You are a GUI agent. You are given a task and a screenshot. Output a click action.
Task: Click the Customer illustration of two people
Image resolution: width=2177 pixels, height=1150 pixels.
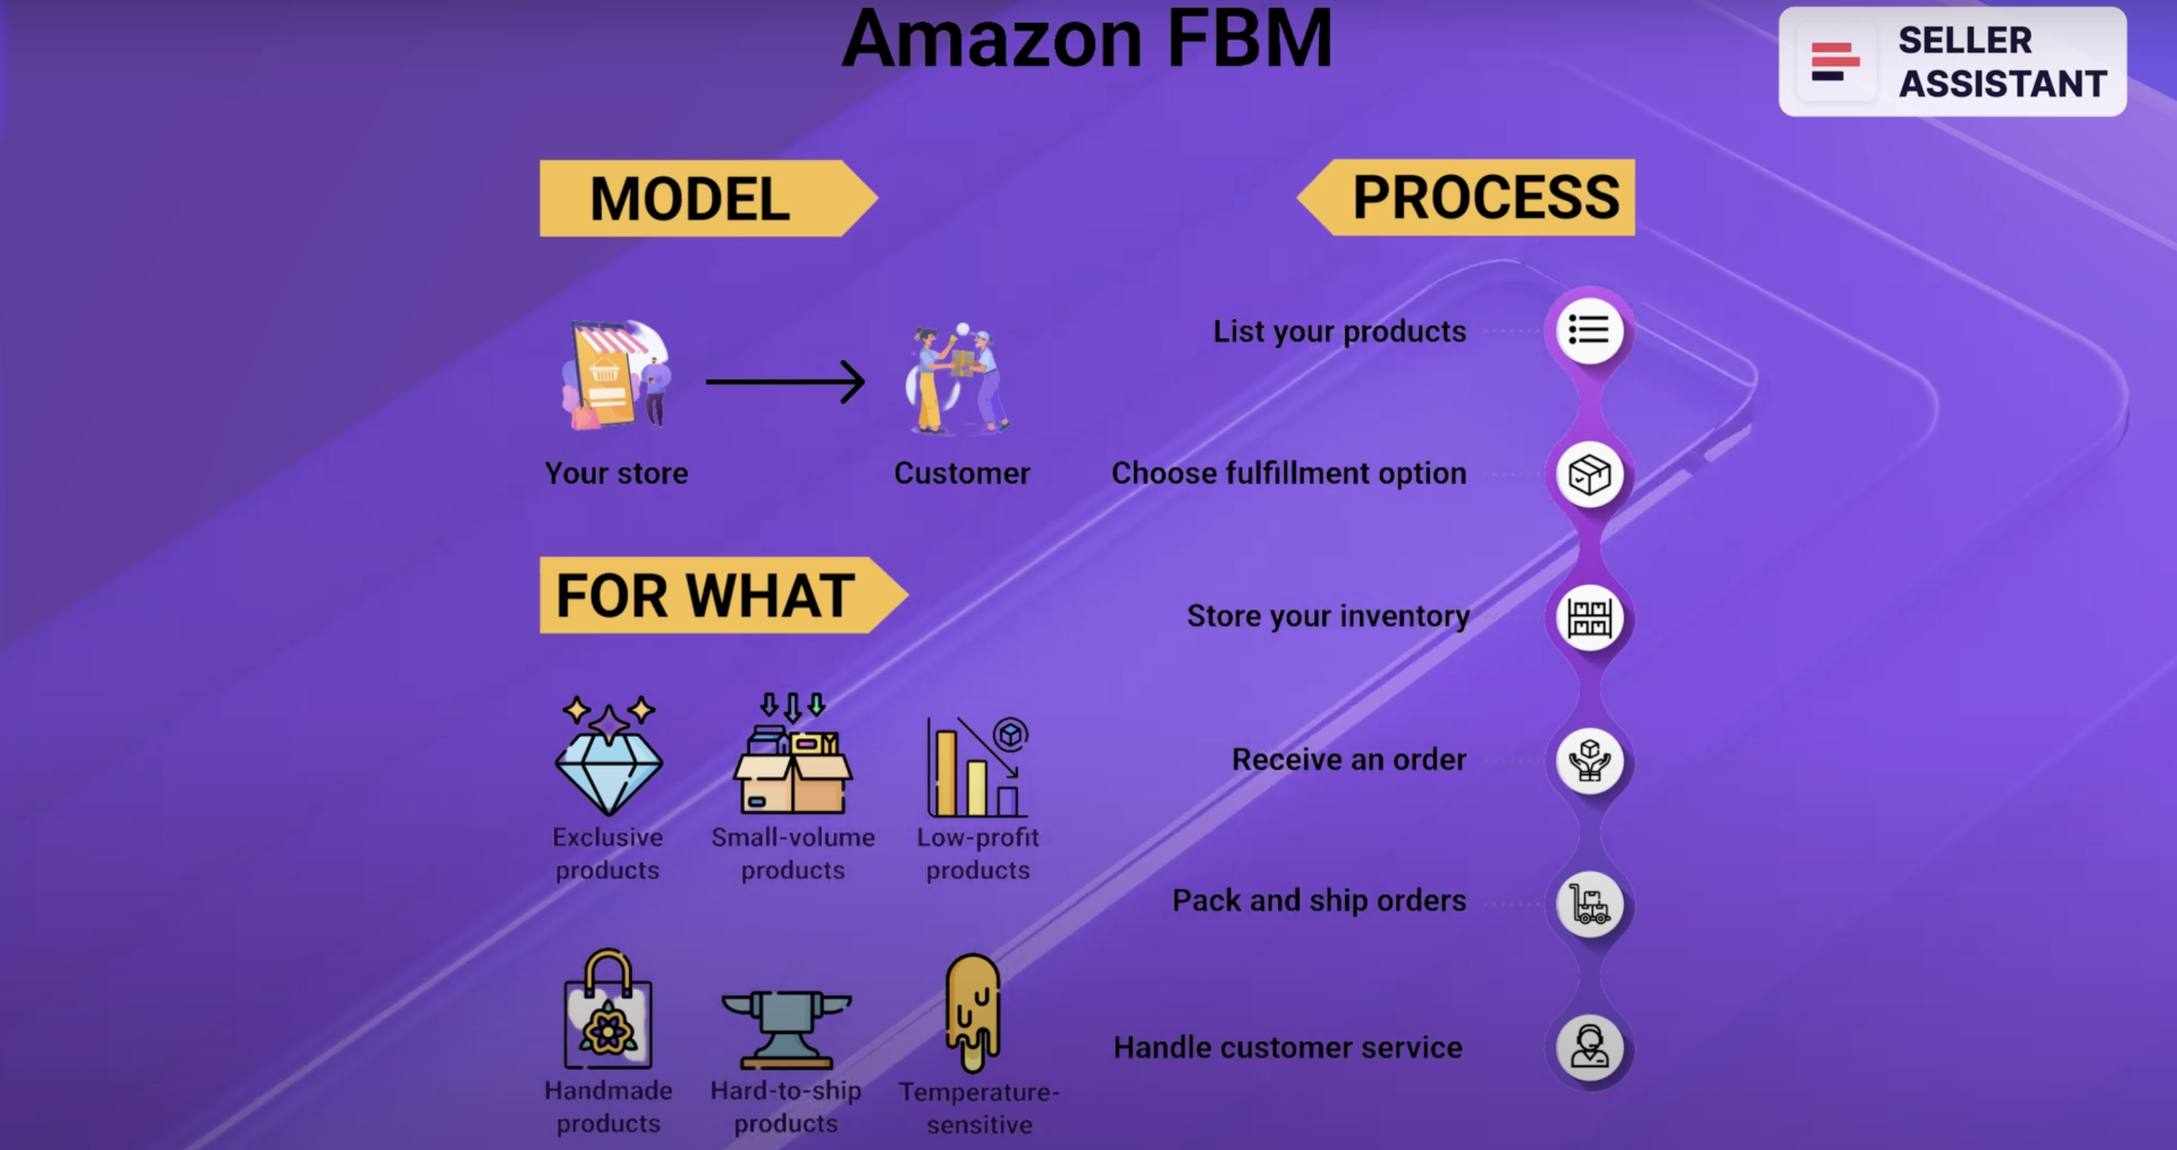coord(959,380)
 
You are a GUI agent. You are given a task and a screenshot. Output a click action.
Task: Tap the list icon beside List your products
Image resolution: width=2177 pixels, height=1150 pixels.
coord(1589,331)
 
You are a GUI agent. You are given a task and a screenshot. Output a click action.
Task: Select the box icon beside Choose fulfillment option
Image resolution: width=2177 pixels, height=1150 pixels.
coord(1589,474)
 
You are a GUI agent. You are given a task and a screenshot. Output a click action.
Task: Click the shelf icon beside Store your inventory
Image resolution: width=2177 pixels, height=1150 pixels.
coord(1589,618)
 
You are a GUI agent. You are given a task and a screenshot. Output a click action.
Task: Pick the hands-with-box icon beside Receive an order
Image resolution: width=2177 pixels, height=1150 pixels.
coord(1589,760)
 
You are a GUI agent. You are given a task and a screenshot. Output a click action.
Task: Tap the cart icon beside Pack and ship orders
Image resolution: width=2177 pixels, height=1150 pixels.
coord(1589,904)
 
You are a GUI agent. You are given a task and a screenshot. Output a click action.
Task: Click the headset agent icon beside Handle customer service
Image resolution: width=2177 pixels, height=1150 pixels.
coord(1589,1048)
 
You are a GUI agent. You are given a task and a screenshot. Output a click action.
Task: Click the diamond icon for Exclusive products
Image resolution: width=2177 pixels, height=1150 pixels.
coord(608,757)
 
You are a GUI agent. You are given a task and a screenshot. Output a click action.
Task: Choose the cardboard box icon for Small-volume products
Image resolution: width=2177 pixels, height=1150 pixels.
coord(792,761)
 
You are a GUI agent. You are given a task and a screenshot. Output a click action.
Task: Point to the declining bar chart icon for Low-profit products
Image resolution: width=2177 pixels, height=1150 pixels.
coord(978,768)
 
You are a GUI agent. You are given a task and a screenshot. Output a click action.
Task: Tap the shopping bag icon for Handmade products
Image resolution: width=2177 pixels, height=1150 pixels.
coord(608,1010)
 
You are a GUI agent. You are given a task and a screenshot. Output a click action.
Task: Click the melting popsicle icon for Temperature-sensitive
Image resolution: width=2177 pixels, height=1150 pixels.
coord(973,1010)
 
